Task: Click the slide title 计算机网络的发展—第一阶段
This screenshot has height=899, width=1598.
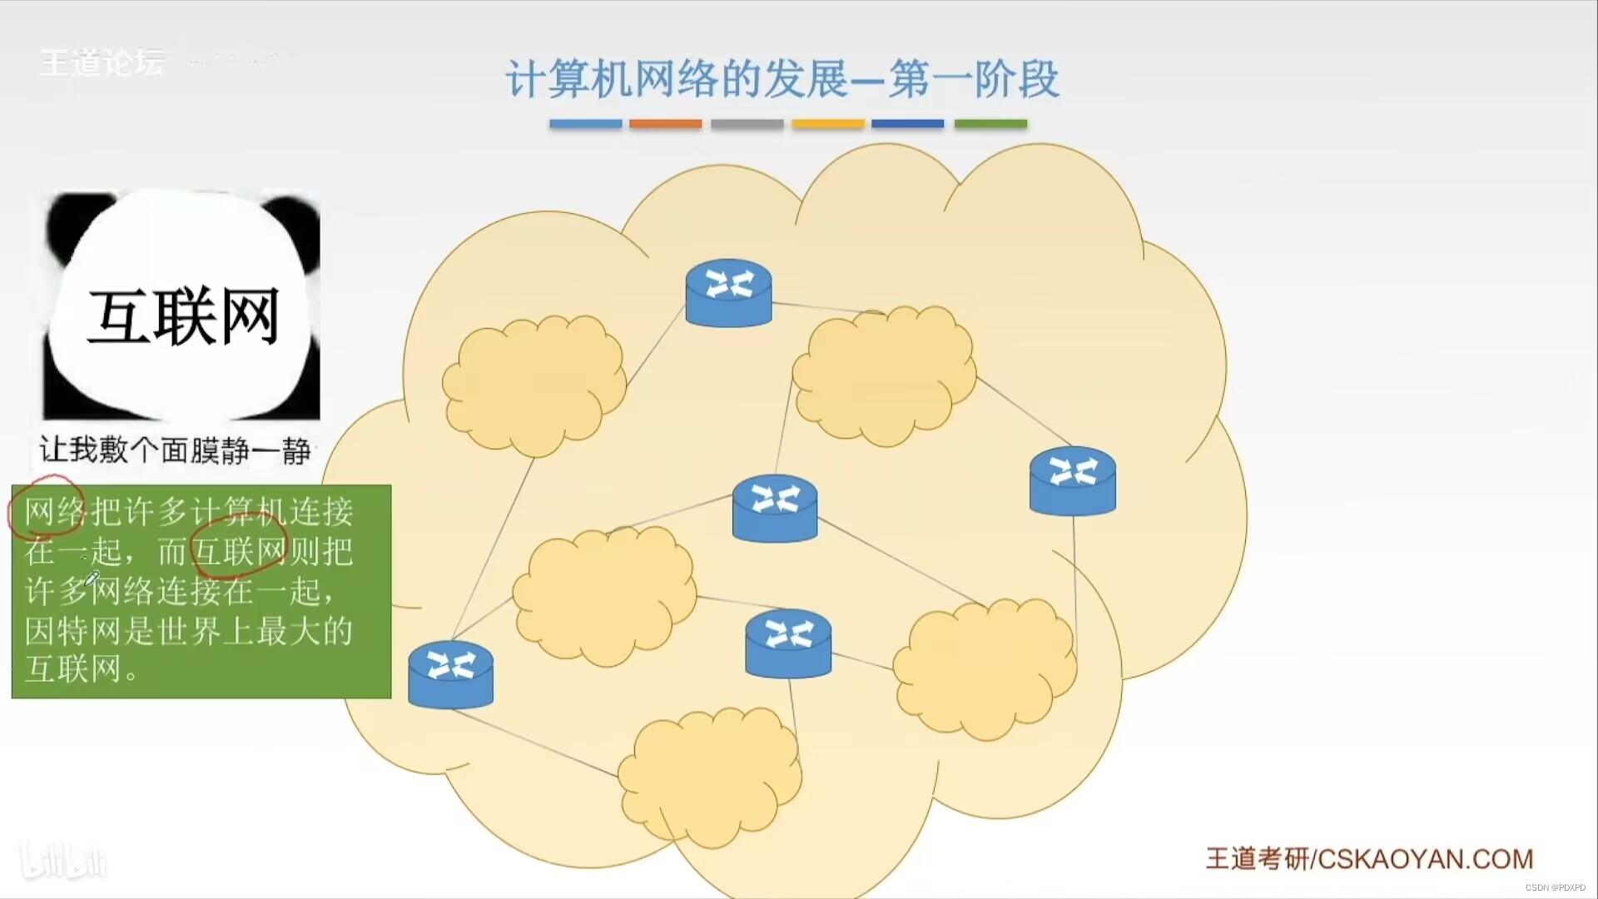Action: click(x=782, y=79)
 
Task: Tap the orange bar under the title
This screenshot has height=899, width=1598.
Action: click(x=665, y=124)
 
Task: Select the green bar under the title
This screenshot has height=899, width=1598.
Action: click(x=990, y=124)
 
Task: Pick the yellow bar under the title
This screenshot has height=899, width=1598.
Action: click(x=828, y=124)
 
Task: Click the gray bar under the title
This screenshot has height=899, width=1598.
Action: click(x=747, y=124)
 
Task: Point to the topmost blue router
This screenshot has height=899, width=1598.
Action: click(x=728, y=292)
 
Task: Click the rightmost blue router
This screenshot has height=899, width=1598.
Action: click(x=1072, y=480)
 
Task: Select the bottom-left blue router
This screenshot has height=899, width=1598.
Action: click(x=450, y=673)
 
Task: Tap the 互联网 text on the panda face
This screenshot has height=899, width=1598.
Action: click(x=183, y=317)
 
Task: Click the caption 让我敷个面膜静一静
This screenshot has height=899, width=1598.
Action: click(x=175, y=450)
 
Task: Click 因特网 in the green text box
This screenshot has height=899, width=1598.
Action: click(x=72, y=631)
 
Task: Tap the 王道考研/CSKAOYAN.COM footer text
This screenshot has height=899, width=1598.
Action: click(x=1369, y=858)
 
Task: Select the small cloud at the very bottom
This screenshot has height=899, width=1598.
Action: click(x=710, y=777)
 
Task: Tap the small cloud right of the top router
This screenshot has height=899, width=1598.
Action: click(x=884, y=375)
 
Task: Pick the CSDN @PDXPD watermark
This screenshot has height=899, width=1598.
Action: click(x=1555, y=887)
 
